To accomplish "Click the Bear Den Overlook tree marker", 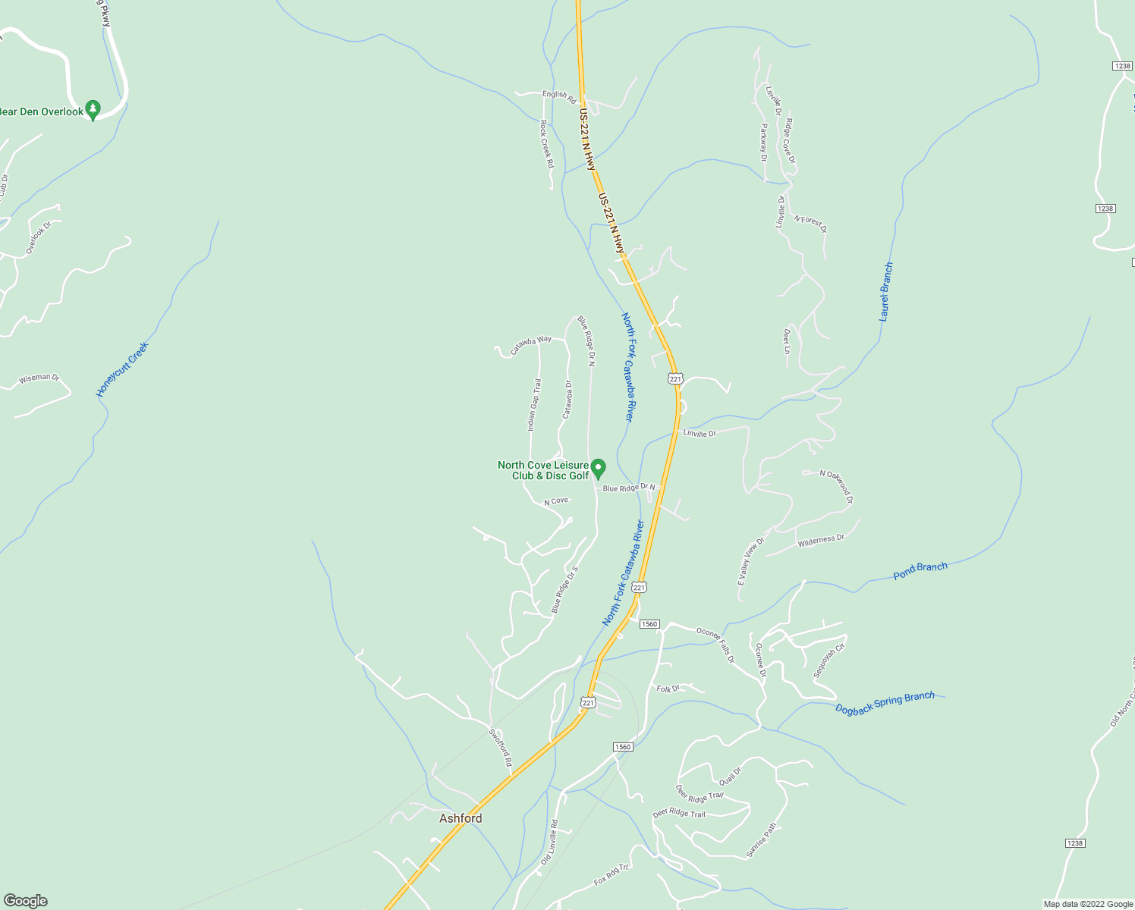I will click(x=93, y=110).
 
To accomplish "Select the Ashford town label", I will click(x=461, y=818).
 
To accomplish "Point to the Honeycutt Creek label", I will click(x=122, y=369).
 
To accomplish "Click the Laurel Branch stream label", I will click(x=885, y=292).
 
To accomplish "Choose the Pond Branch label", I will click(x=920, y=571).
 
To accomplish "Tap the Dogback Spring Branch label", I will click(x=885, y=703).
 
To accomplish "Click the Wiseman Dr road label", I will click(x=39, y=377).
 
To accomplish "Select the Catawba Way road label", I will click(x=531, y=345).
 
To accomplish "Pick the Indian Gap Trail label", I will click(x=535, y=404).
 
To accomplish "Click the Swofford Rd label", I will click(x=500, y=747).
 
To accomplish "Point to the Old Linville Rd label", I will click(x=549, y=843).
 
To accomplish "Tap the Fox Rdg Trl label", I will click(x=612, y=874).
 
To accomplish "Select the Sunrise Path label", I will click(x=762, y=840).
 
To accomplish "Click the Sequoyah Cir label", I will click(x=829, y=661).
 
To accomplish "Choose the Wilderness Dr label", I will click(x=821, y=540).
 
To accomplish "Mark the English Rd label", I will click(x=559, y=96).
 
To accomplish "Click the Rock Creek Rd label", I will click(x=546, y=143).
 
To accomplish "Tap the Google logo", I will click(x=26, y=901).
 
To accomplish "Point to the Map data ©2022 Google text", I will click(x=1088, y=904).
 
